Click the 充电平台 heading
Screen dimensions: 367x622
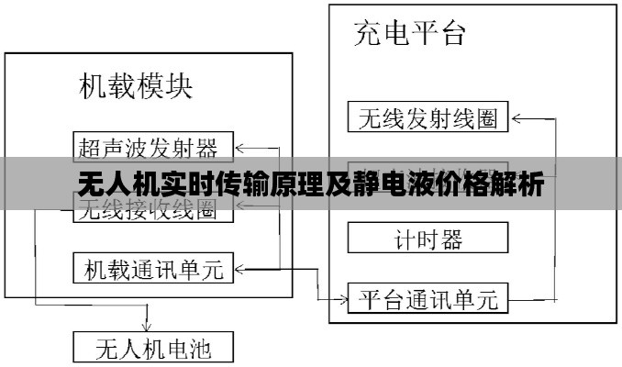pos(410,34)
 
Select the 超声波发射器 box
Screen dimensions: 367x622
pos(152,145)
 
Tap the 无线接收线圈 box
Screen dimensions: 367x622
pos(152,210)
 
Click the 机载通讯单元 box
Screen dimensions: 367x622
pos(152,268)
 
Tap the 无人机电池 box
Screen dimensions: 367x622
pos(152,348)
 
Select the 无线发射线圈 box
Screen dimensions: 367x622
pos(428,117)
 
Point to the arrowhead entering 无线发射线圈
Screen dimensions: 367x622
pos(515,117)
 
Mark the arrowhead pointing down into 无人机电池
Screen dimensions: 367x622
pos(147,326)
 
